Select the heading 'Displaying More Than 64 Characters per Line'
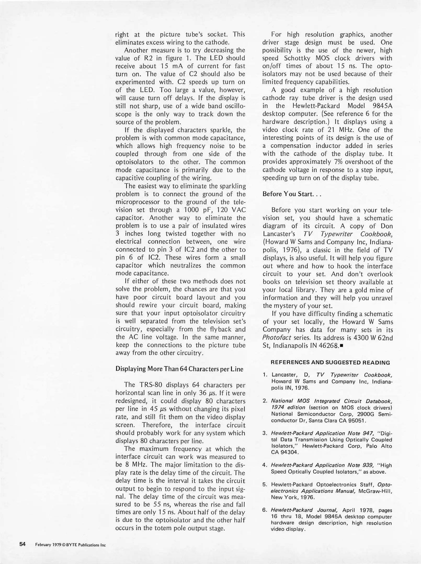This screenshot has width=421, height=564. [179, 369]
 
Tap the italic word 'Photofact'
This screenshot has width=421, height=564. [277, 338]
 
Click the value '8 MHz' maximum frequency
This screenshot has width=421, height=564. [137, 465]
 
